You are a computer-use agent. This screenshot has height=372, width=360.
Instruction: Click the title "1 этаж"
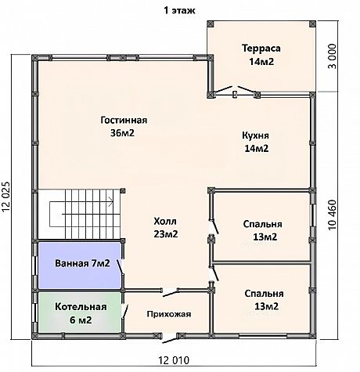179,11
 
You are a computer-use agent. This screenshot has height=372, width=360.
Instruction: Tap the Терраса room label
261,49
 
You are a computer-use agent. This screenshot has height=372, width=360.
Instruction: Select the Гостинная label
124,120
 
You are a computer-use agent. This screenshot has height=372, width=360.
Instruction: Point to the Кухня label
255,135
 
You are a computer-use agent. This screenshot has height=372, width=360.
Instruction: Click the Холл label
165,222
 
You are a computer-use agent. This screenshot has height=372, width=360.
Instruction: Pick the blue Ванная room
80,265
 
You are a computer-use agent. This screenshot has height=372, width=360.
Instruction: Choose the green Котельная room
80,312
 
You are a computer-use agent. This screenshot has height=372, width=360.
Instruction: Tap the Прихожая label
169,314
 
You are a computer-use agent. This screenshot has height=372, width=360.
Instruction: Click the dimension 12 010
174,361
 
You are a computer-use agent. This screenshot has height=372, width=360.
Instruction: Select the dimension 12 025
6,197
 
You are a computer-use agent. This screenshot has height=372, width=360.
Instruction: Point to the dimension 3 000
332,56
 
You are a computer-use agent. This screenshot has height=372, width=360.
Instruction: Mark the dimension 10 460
333,215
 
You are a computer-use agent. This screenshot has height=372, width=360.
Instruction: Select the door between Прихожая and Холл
170,293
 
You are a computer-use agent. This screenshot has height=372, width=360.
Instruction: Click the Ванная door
120,267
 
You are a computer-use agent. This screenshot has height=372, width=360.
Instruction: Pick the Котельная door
124,311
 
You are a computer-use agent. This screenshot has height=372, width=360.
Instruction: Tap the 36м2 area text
122,133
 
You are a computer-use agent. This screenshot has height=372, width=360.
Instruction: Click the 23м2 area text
166,234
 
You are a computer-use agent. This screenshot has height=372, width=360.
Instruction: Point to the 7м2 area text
101,263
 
